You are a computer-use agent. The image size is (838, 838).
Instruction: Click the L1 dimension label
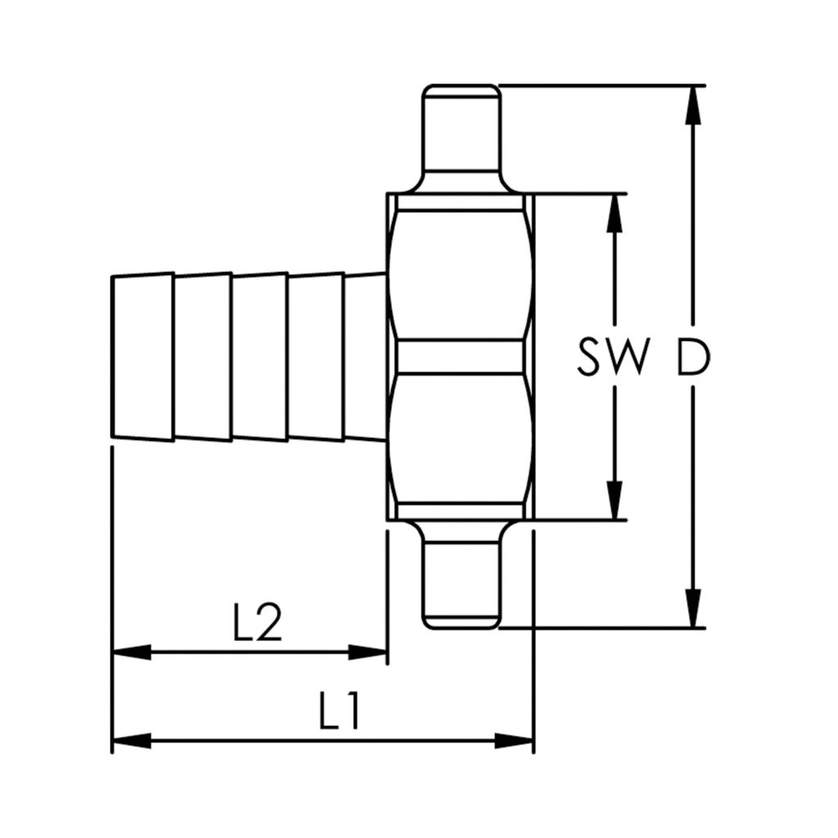[340, 712]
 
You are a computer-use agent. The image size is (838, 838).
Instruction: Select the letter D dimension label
[692, 358]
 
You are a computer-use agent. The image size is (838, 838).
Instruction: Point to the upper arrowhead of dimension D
[693, 102]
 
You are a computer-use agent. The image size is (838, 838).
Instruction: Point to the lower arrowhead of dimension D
[693, 610]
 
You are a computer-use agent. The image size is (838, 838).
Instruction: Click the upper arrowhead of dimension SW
[615, 210]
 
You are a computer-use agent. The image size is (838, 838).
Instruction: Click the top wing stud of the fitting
[461, 135]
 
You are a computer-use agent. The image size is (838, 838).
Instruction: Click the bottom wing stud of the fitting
[461, 578]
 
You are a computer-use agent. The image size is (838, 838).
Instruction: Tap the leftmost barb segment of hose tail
[142, 358]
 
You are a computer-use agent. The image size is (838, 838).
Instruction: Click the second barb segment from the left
[202, 358]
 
